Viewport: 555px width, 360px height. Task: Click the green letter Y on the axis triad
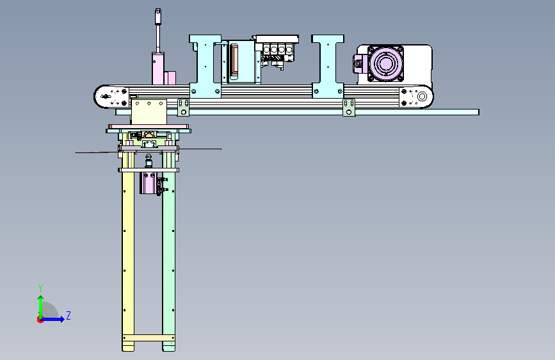coord(40,288)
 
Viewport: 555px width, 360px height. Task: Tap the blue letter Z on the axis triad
coord(68,315)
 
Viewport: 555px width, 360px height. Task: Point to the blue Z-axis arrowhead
coord(62,319)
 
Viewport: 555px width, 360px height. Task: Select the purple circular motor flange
coord(385,64)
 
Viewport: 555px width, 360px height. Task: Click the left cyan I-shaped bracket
coord(205,66)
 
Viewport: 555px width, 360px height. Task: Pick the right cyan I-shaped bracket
coord(328,66)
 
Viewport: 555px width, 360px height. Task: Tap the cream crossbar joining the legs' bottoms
coord(149,338)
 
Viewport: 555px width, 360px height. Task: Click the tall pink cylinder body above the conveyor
coord(158,69)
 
